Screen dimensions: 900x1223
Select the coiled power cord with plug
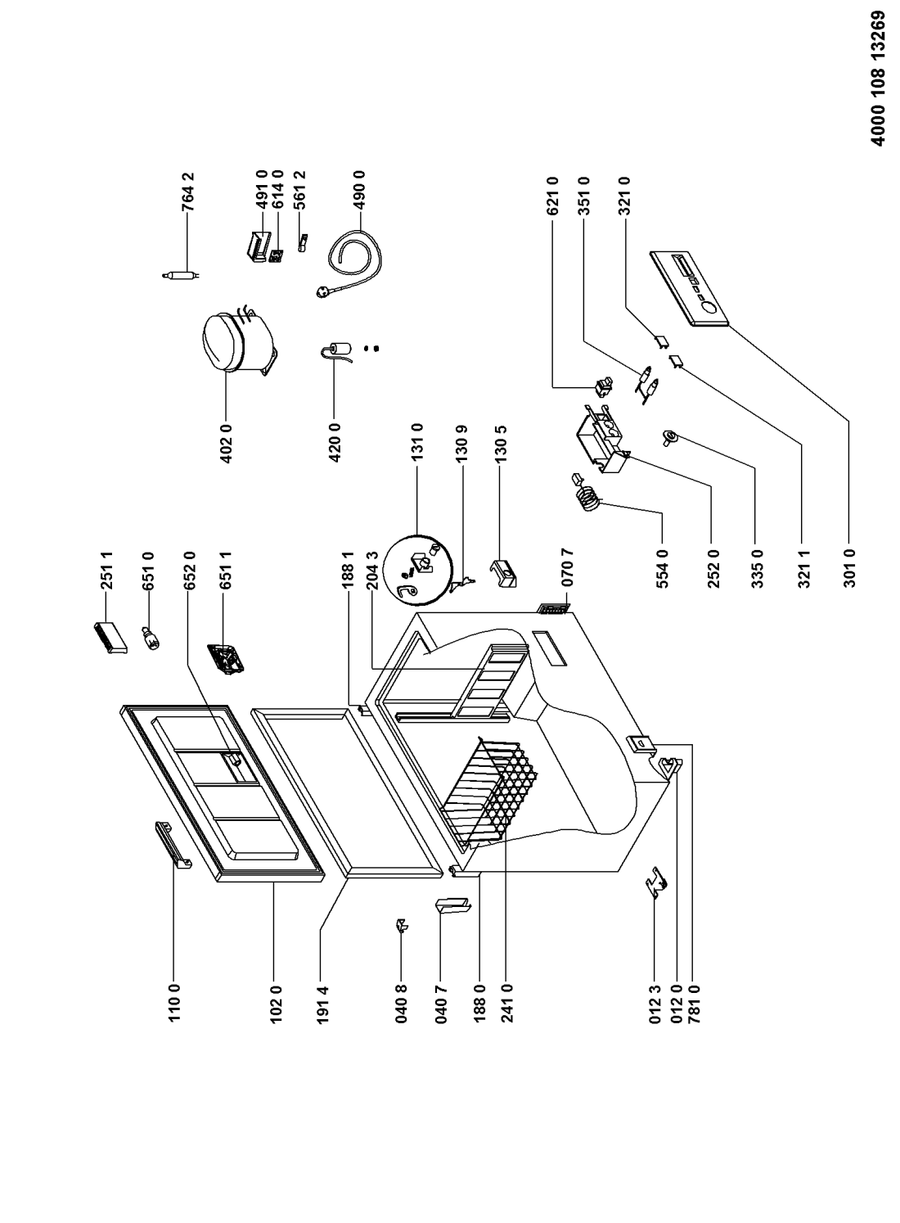(x=349, y=263)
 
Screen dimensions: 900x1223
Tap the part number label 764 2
(x=187, y=192)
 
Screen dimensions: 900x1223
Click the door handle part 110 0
(x=173, y=842)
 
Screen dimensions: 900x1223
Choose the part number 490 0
(x=359, y=191)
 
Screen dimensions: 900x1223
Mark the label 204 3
(x=373, y=571)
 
